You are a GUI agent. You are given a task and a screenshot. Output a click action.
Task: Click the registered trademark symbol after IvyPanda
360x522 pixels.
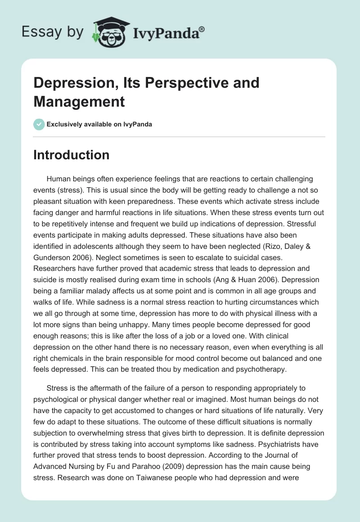point(202,29)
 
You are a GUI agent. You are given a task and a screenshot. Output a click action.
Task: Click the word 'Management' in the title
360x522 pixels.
point(79,102)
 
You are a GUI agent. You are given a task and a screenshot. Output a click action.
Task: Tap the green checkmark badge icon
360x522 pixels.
point(39,124)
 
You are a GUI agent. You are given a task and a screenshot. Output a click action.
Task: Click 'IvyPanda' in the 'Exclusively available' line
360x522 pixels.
point(138,124)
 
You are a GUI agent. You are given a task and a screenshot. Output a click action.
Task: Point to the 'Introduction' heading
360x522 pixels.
point(71,155)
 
